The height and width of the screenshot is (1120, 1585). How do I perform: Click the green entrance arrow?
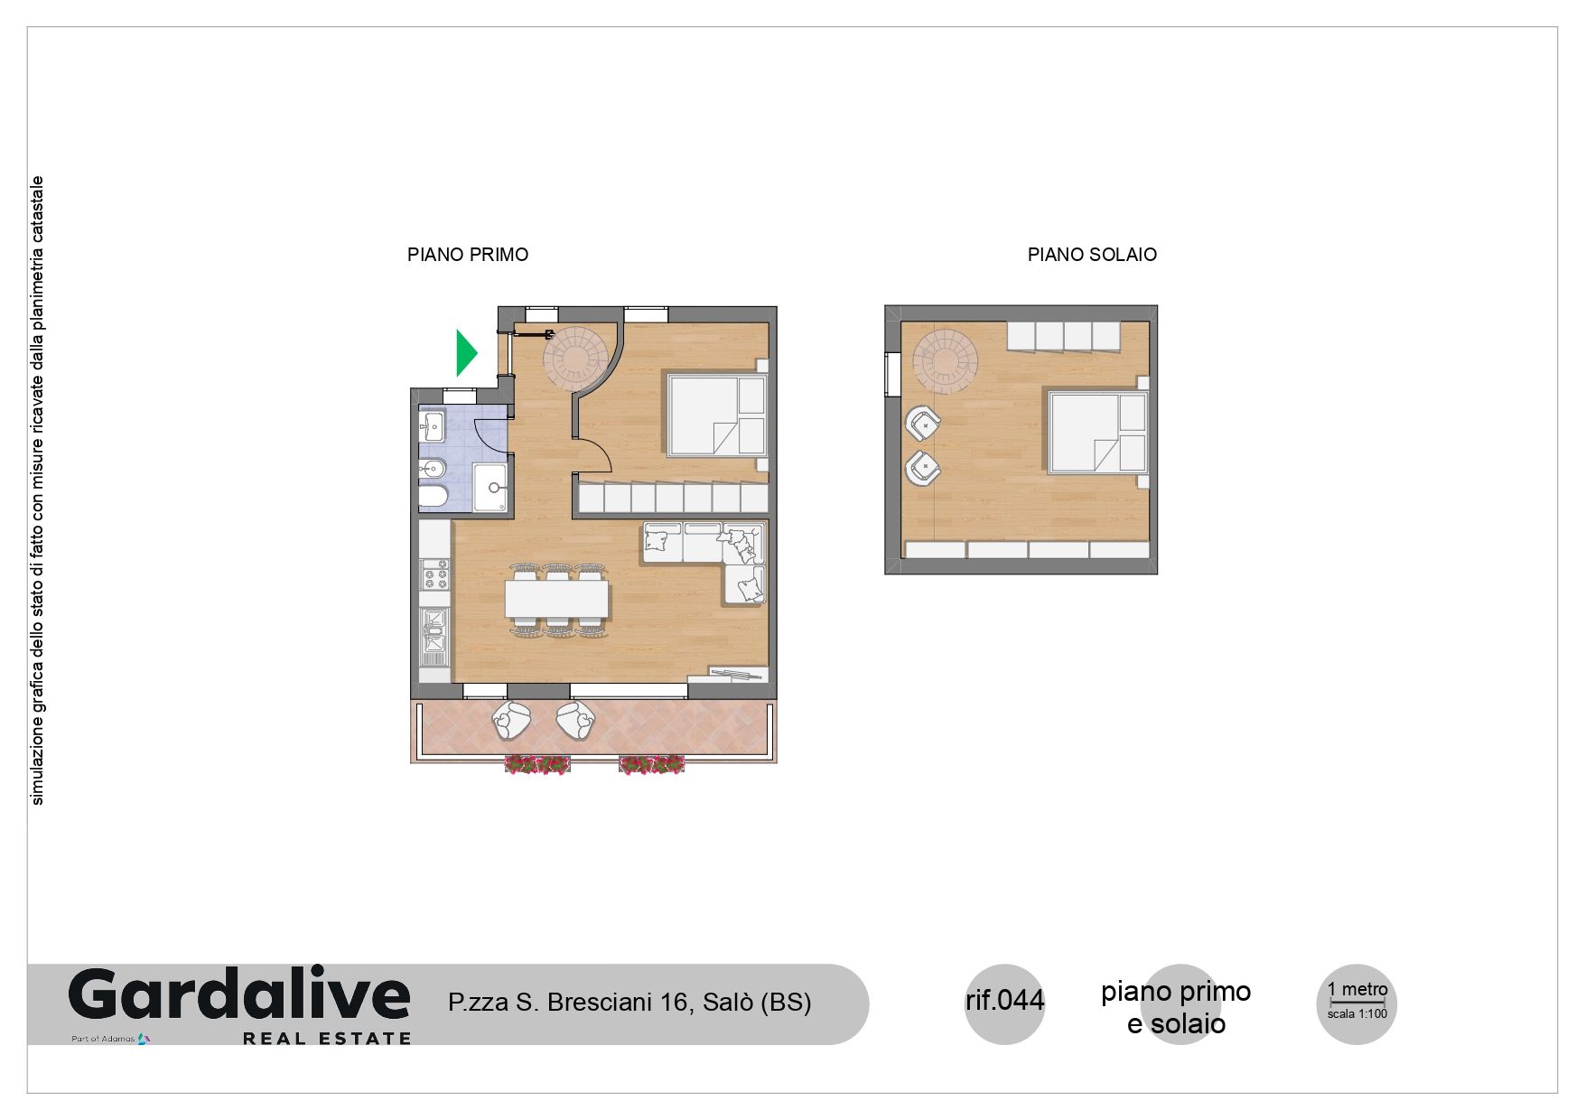(465, 353)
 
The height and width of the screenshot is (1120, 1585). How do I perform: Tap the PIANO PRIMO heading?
(468, 255)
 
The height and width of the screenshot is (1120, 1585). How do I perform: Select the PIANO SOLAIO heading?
(1092, 255)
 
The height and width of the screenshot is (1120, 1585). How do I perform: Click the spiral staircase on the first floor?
(576, 359)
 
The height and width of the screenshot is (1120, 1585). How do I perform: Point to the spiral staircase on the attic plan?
(946, 360)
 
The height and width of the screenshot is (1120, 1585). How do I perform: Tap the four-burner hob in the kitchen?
(435, 574)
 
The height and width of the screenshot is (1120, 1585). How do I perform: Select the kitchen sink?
(435, 630)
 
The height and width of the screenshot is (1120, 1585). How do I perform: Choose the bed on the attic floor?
(1097, 433)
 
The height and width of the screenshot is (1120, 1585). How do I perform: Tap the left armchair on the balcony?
(512, 721)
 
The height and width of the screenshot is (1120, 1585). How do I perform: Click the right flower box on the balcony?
(651, 765)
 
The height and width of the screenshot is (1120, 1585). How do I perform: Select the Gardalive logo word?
(239, 995)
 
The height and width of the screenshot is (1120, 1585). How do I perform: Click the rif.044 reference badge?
(1004, 1001)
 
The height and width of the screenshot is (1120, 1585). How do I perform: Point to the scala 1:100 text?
(1357, 1013)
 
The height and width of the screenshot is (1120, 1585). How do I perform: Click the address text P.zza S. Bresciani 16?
(568, 1003)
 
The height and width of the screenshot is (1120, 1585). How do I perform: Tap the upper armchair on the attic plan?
(923, 423)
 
